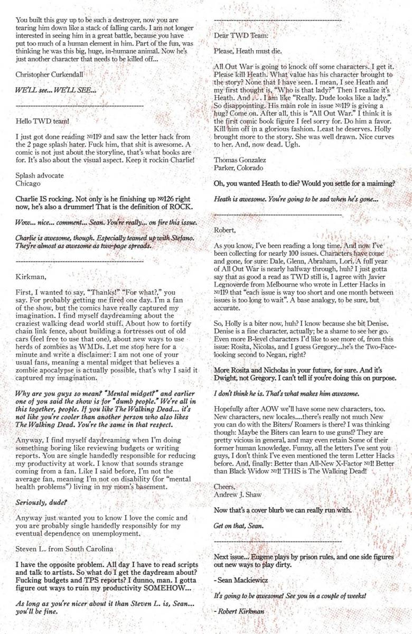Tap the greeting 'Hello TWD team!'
tap(43, 121)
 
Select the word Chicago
tap(29, 183)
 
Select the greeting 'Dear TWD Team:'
tap(239, 36)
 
